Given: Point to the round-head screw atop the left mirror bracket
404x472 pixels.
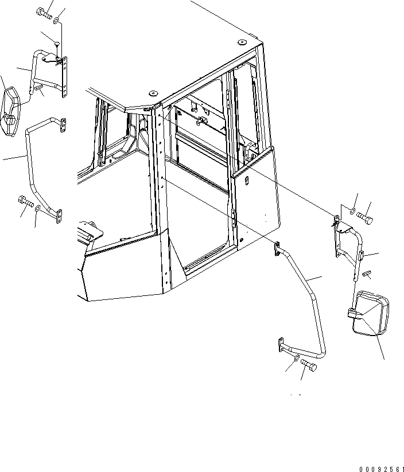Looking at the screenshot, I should tap(58, 44).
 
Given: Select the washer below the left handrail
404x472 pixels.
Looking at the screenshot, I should tap(38, 209).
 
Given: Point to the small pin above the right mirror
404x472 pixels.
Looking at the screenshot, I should tap(366, 274).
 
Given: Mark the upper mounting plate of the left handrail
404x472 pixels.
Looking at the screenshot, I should tap(63, 124).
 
